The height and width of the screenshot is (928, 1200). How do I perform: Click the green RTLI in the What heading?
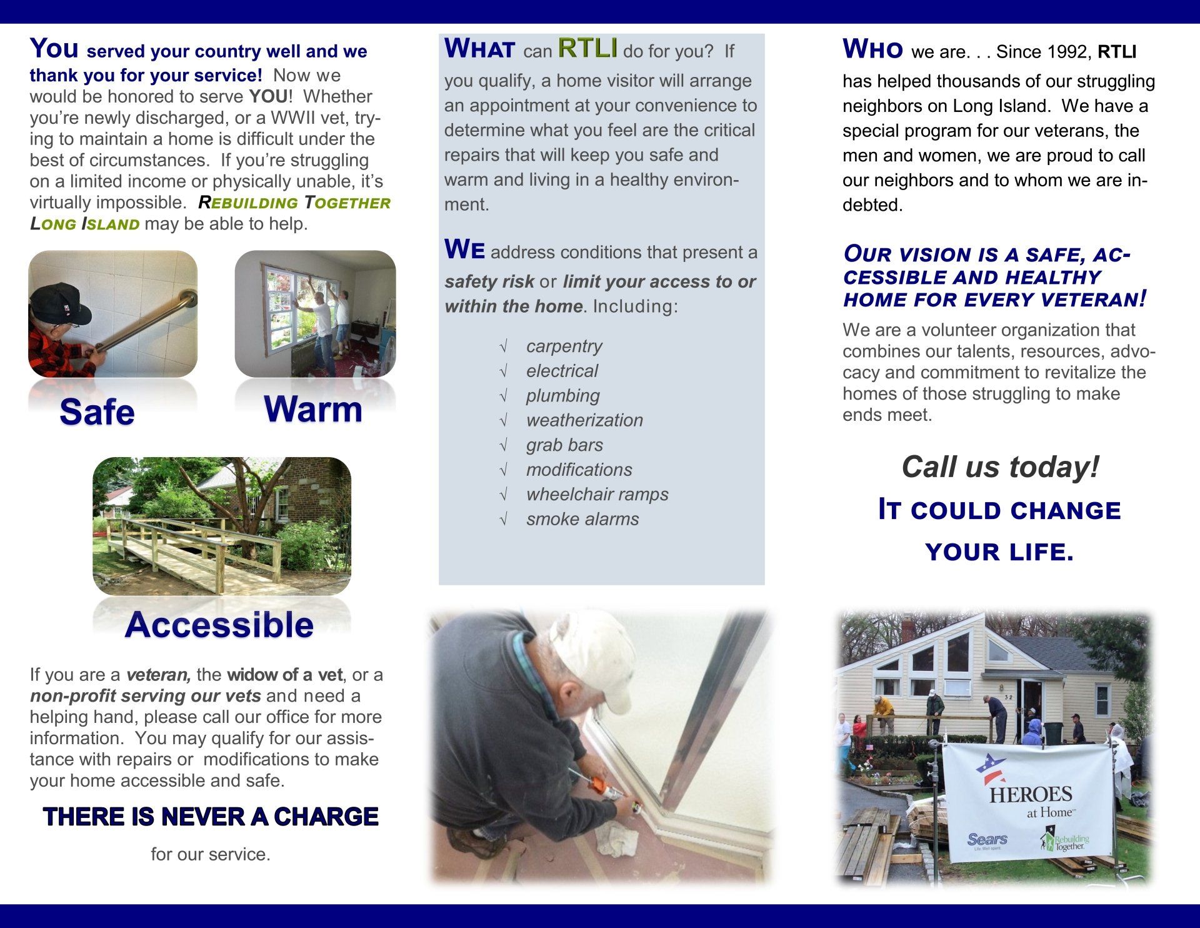coord(587,48)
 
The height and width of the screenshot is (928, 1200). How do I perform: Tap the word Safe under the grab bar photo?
coord(97,412)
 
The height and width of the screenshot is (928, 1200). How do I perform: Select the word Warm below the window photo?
coord(313,410)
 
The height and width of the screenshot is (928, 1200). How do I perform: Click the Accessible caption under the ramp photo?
coord(219,625)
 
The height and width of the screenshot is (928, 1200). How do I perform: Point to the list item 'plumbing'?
coord(562,395)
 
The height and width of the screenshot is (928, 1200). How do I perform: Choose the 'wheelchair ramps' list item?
coord(597,494)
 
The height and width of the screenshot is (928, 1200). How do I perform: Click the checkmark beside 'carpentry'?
coord(503,346)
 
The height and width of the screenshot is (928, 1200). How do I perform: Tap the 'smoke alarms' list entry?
coord(582,519)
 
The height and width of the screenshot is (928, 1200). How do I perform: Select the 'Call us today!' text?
coord(1000,467)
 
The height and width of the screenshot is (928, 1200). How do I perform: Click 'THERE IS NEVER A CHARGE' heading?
coord(211,817)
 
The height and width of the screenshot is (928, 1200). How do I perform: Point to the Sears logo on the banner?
coord(987,840)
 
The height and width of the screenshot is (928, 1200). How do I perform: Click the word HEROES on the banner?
coord(1031,795)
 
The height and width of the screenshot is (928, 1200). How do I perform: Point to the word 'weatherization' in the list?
coord(584,420)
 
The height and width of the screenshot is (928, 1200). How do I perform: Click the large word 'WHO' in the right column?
coord(872,49)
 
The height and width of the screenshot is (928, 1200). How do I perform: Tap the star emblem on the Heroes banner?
coord(991,768)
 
